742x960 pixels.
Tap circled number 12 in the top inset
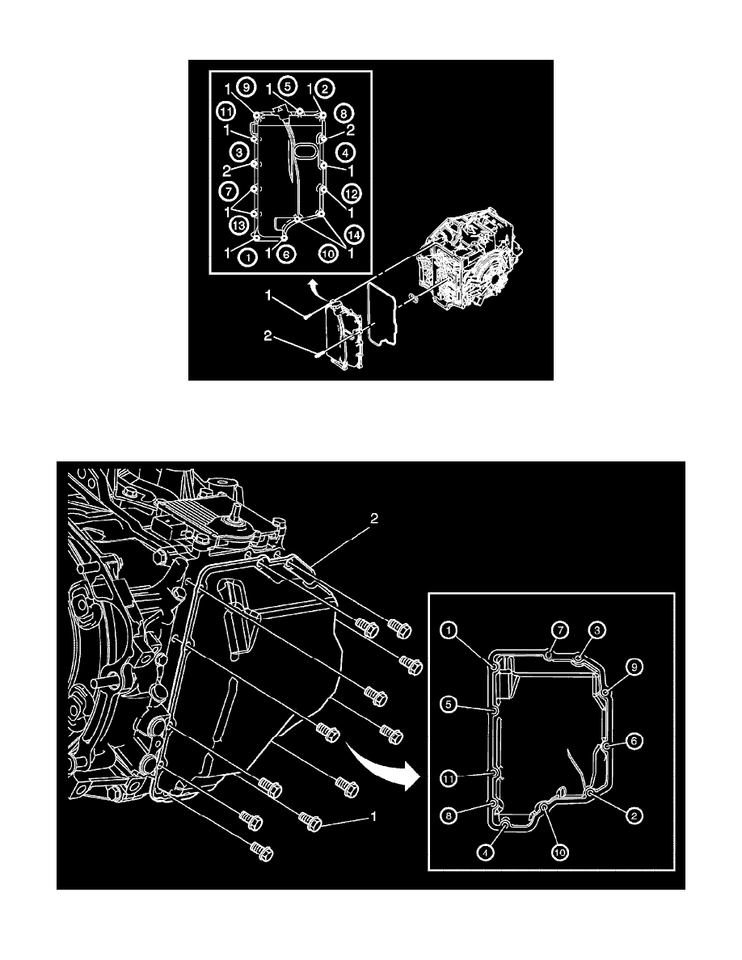pyautogui.click(x=350, y=194)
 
